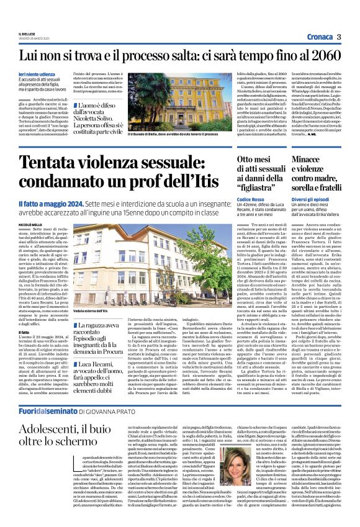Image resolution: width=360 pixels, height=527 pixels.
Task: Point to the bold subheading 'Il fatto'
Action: pyautogui.click(x=24, y=332)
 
